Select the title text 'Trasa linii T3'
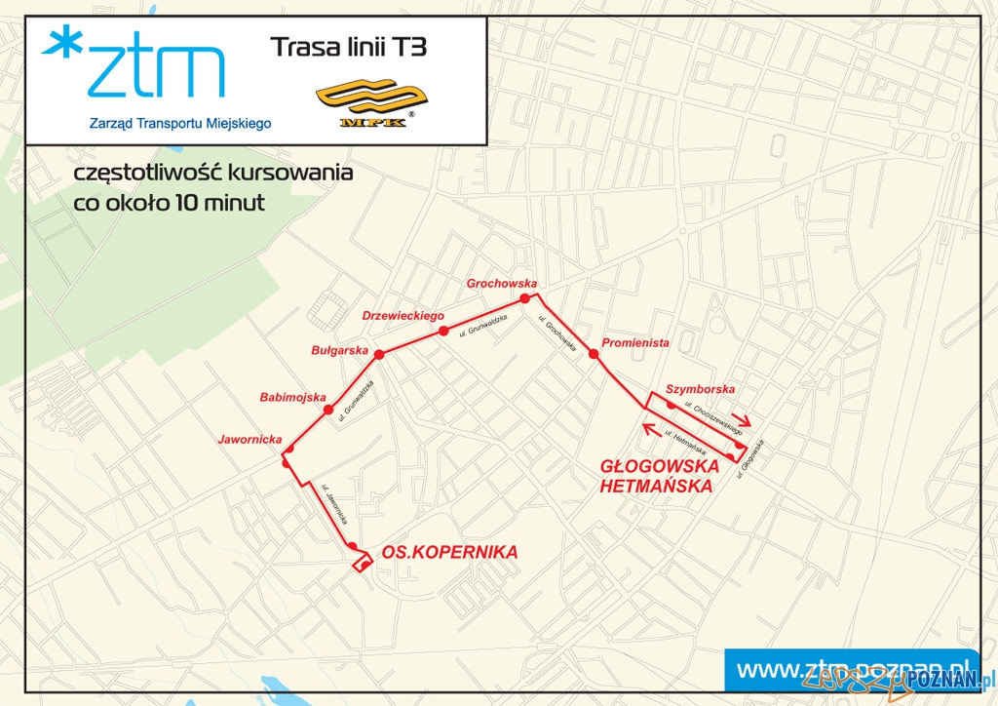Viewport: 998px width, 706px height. click(x=348, y=46)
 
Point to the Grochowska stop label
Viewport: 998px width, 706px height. click(x=502, y=284)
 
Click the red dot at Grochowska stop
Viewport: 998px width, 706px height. click(x=524, y=298)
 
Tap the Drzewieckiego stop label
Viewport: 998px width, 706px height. click(x=403, y=316)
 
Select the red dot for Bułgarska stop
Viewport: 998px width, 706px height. click(x=379, y=355)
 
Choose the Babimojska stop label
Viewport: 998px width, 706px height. click(x=290, y=397)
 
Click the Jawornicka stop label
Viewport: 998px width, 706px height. click(x=249, y=439)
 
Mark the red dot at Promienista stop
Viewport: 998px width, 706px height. click(x=593, y=355)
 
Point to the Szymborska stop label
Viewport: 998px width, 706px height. click(x=700, y=389)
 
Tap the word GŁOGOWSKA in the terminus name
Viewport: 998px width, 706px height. click(x=660, y=466)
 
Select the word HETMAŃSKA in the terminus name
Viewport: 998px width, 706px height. click(x=657, y=485)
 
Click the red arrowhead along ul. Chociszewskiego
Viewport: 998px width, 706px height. click(x=742, y=425)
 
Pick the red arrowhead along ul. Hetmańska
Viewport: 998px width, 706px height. click(x=647, y=426)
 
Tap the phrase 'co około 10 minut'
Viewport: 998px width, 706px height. click(x=163, y=204)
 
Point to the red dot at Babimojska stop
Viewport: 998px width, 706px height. click(x=329, y=410)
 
